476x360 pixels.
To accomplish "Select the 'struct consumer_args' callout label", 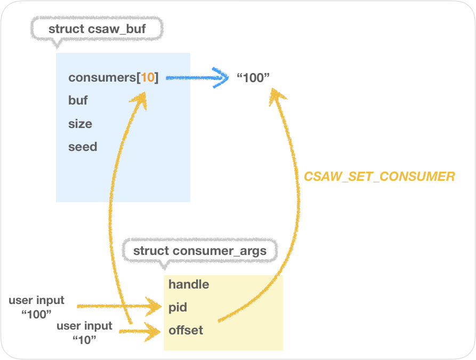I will [199, 251].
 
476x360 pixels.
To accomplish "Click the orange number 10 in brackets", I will [148, 77].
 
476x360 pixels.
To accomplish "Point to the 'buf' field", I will [78, 100].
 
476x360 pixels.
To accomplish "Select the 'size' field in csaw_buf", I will [80, 124].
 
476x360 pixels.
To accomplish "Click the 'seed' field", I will [83, 147].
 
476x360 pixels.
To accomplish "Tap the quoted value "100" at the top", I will [253, 78].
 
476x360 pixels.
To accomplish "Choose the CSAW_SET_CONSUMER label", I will [379, 177].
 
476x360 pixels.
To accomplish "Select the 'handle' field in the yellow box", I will [189, 284].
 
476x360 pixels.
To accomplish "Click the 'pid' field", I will [178, 308].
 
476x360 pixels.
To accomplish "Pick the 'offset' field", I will [185, 331].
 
